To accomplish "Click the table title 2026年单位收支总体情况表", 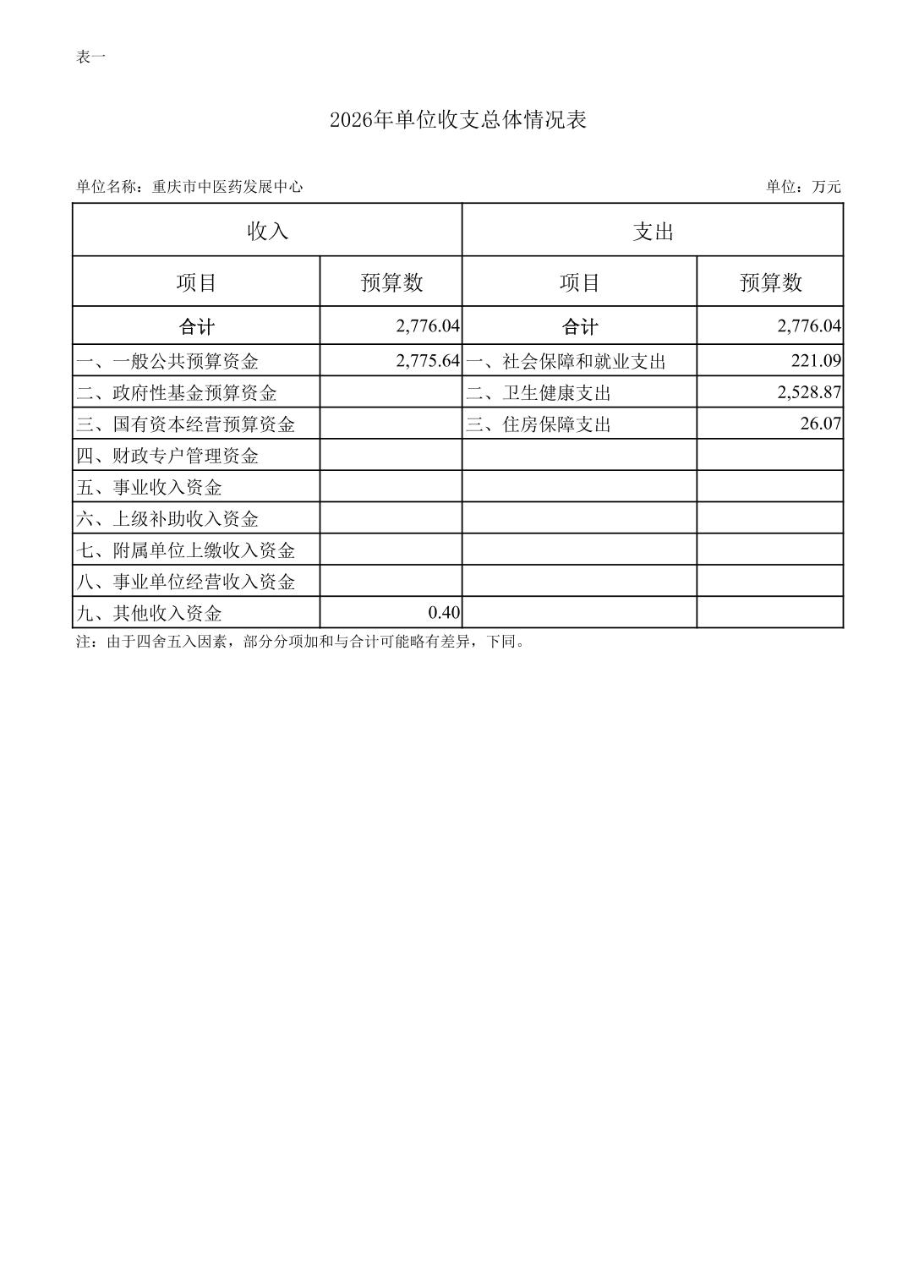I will [x=457, y=120].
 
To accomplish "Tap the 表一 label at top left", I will [x=90, y=57].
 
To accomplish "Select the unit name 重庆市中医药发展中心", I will [x=227, y=187].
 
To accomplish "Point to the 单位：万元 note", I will [x=803, y=187].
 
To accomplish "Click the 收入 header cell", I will [x=267, y=231].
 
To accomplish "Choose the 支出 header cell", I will [x=653, y=231].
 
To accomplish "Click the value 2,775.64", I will [x=428, y=361].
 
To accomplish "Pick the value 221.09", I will [x=816, y=361].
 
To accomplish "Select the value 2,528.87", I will [x=809, y=392].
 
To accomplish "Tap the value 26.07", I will [x=821, y=424].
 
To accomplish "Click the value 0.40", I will [x=444, y=612].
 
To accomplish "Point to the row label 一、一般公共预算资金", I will [x=167, y=362].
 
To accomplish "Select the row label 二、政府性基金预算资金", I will [x=177, y=393].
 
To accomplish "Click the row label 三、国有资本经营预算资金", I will [x=186, y=424].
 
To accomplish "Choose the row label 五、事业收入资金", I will [x=149, y=488].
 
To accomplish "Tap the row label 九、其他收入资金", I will [x=149, y=613].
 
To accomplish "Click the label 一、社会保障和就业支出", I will [x=566, y=362].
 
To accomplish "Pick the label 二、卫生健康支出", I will [x=539, y=393].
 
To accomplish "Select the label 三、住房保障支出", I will [x=539, y=424].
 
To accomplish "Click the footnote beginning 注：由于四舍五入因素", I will [x=301, y=642].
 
